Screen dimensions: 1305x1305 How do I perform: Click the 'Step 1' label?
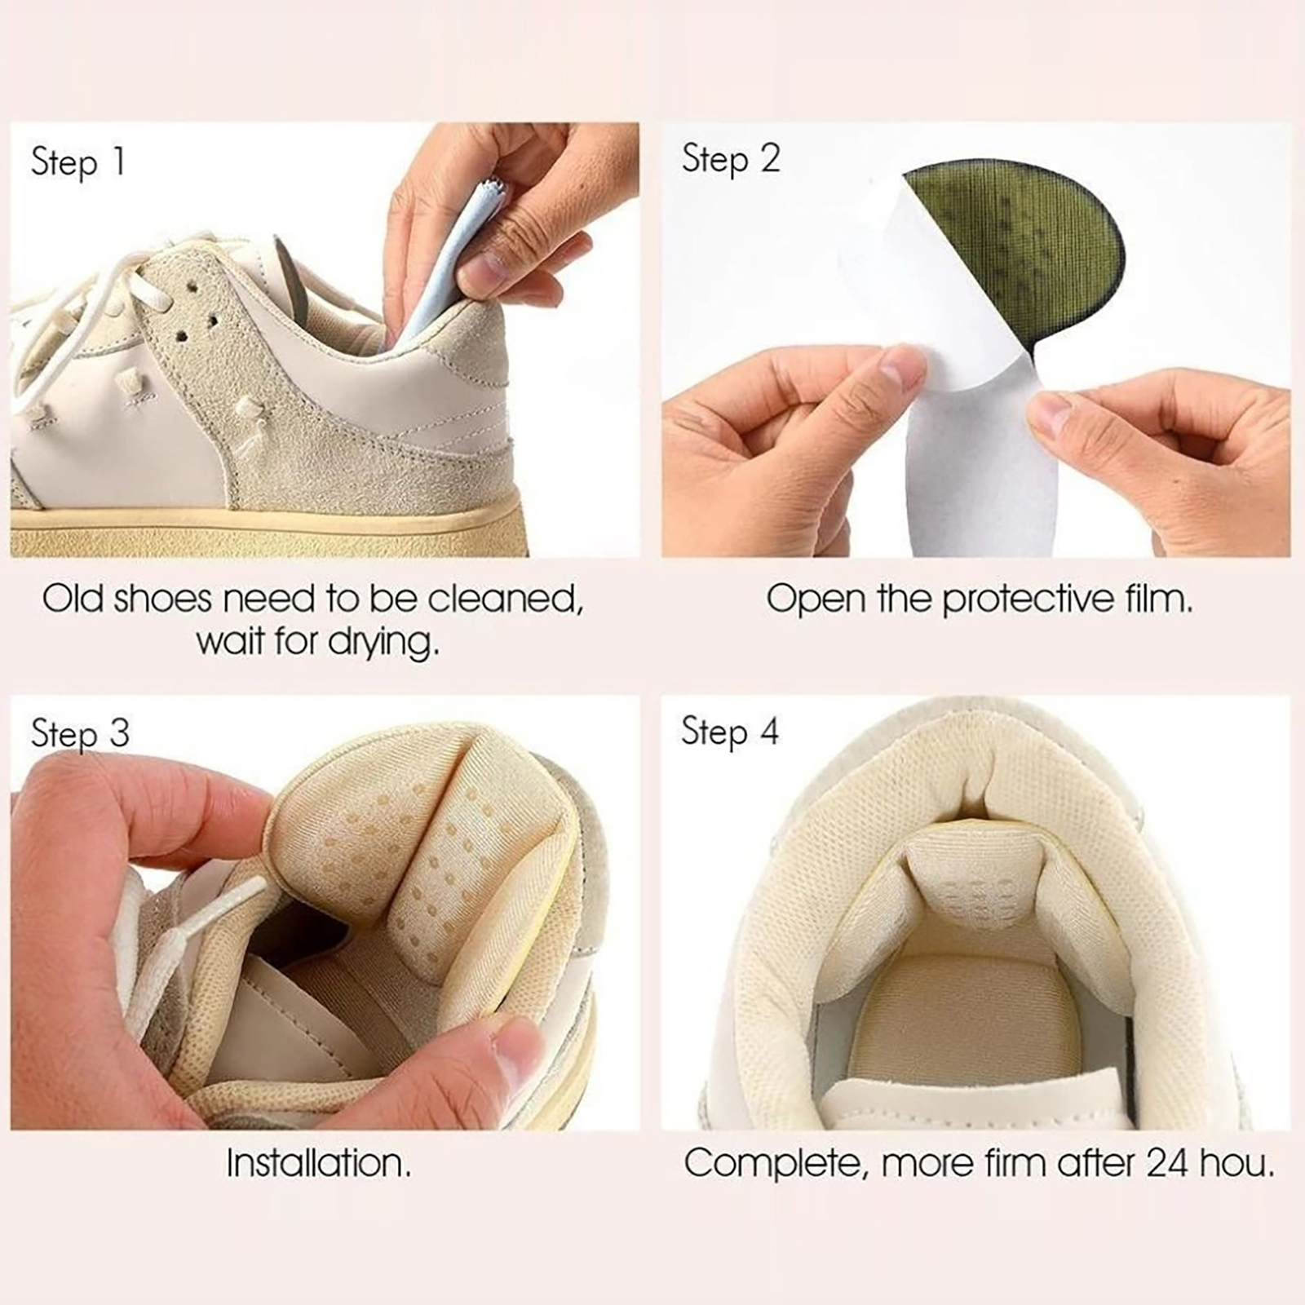pos(78,161)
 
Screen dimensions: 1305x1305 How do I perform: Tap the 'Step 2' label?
pos(731,158)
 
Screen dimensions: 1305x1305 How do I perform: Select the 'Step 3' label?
pos(80,733)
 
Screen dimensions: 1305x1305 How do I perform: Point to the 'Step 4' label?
pos(730,732)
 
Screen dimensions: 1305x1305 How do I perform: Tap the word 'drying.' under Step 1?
pos(383,643)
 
